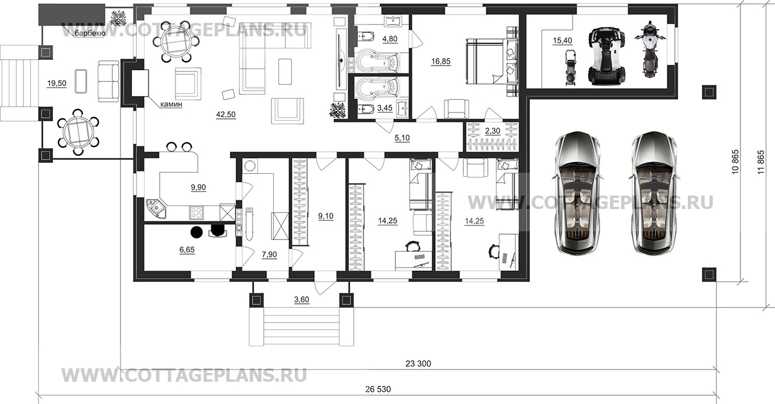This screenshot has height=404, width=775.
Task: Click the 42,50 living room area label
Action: tap(226, 114)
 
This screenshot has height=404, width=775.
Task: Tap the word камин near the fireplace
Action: tap(171, 104)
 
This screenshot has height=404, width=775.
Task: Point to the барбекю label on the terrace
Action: tap(90, 33)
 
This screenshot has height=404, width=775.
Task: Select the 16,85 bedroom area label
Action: tap(441, 61)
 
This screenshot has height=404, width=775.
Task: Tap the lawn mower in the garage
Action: tap(571, 67)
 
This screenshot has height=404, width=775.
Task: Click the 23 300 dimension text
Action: tap(418, 364)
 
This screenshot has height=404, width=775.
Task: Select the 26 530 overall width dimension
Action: tap(378, 389)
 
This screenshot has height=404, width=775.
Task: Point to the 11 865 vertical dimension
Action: tap(761, 162)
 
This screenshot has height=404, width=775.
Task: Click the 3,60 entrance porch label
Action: tap(301, 300)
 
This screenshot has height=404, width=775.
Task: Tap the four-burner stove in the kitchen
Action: tap(196, 212)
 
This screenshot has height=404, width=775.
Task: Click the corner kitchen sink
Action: tap(156, 208)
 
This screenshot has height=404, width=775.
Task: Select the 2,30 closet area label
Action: tap(492, 131)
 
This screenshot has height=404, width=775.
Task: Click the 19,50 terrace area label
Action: tap(57, 84)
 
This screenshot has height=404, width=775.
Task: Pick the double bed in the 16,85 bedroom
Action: tap(491, 61)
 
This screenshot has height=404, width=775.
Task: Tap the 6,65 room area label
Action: tap(187, 249)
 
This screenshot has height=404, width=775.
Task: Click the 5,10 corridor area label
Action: tap(402, 138)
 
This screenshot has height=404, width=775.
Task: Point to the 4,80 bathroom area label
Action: tap(390, 39)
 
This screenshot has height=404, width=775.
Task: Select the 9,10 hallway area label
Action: tap(326, 217)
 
